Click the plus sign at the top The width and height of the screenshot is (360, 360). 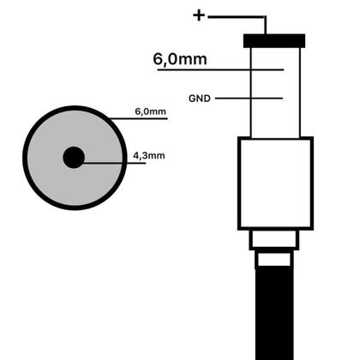click(x=199, y=15)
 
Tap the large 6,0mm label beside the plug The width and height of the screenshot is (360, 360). click(x=180, y=59)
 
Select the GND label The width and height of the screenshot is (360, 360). click(x=200, y=99)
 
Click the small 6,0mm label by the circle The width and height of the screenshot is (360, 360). click(x=150, y=111)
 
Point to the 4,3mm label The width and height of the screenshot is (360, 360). click(x=149, y=156)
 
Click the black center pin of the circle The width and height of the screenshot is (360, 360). click(x=74, y=158)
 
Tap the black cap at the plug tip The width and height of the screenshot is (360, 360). click(x=274, y=41)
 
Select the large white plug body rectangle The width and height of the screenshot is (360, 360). click(x=275, y=183)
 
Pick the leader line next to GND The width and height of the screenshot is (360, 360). click(x=249, y=99)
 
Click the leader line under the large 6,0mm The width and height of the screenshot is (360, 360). click(x=220, y=69)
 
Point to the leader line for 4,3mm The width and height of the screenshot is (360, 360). click(x=114, y=163)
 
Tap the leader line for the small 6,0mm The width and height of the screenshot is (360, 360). click(x=138, y=118)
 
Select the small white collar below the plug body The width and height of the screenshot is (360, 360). click(x=274, y=239)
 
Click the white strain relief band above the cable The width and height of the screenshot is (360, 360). click(x=274, y=259)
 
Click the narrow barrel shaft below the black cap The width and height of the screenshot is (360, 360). click(x=275, y=93)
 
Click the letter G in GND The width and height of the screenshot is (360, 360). click(x=192, y=99)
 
